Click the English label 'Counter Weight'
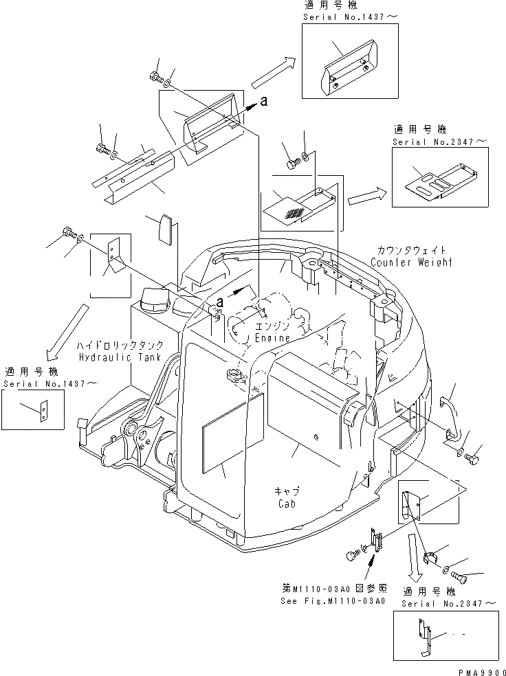pyautogui.click(x=411, y=262)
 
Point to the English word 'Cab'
pyautogui.click(x=287, y=504)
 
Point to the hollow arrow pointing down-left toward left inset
pyautogui.click(x=64, y=333)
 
